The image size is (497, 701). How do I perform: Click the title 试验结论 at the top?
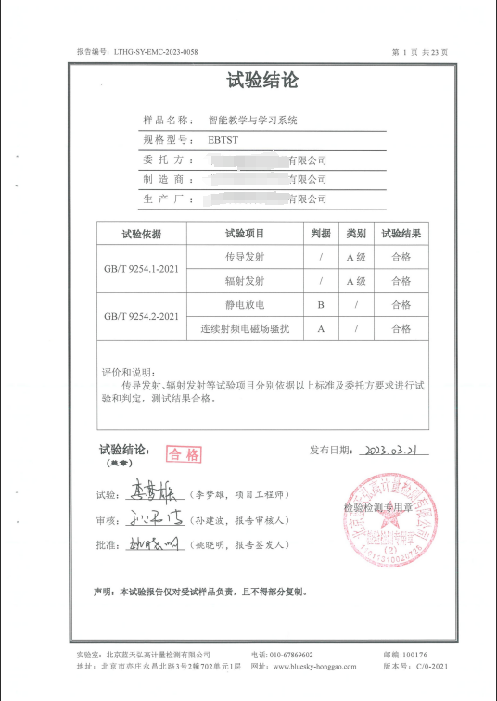coord(262,81)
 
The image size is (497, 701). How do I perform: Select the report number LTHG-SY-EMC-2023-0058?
coord(156,52)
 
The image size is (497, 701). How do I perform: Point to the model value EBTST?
coord(223,140)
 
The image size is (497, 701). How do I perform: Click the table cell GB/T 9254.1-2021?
coord(141,269)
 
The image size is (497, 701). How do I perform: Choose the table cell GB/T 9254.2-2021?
coord(141,316)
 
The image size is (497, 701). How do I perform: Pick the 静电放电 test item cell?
coord(245,304)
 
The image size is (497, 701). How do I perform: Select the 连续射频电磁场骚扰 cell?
coord(245,328)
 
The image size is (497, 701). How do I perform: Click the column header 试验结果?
coord(401,234)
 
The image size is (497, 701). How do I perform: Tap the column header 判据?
coord(321,234)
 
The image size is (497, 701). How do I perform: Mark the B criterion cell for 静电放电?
coord(321,304)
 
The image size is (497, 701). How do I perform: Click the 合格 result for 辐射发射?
coord(401,281)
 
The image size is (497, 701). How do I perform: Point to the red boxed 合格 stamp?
coord(184,453)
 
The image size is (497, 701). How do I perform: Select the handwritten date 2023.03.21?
coord(398,451)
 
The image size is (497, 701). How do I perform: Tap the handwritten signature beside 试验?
coord(152,494)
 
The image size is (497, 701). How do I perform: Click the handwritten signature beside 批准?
coord(154,544)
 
